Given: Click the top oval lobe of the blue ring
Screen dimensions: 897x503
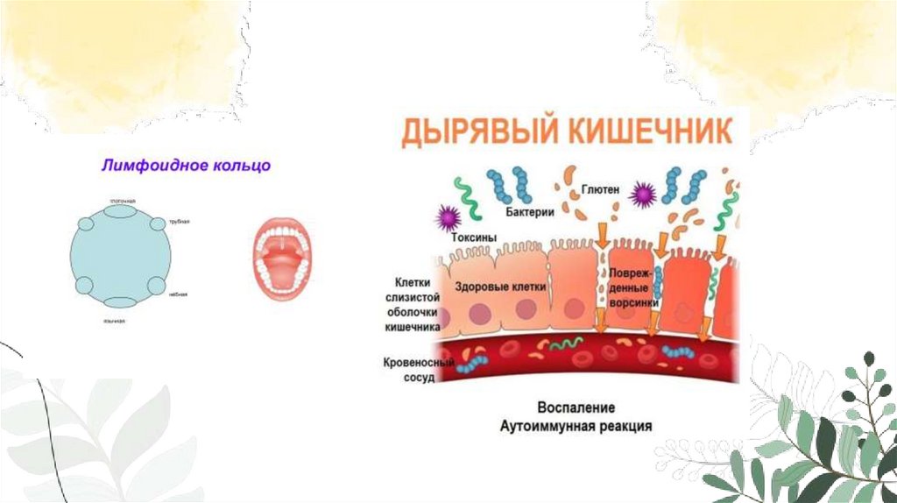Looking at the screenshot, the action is click(121, 209).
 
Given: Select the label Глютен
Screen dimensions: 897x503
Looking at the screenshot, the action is click(598, 190).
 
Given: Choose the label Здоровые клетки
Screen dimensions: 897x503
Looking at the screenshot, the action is click(501, 287).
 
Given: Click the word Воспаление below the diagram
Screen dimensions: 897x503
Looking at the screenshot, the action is click(576, 408).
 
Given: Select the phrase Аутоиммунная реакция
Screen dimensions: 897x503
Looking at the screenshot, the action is click(576, 426).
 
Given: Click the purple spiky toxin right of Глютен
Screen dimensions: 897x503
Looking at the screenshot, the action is click(646, 194).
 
